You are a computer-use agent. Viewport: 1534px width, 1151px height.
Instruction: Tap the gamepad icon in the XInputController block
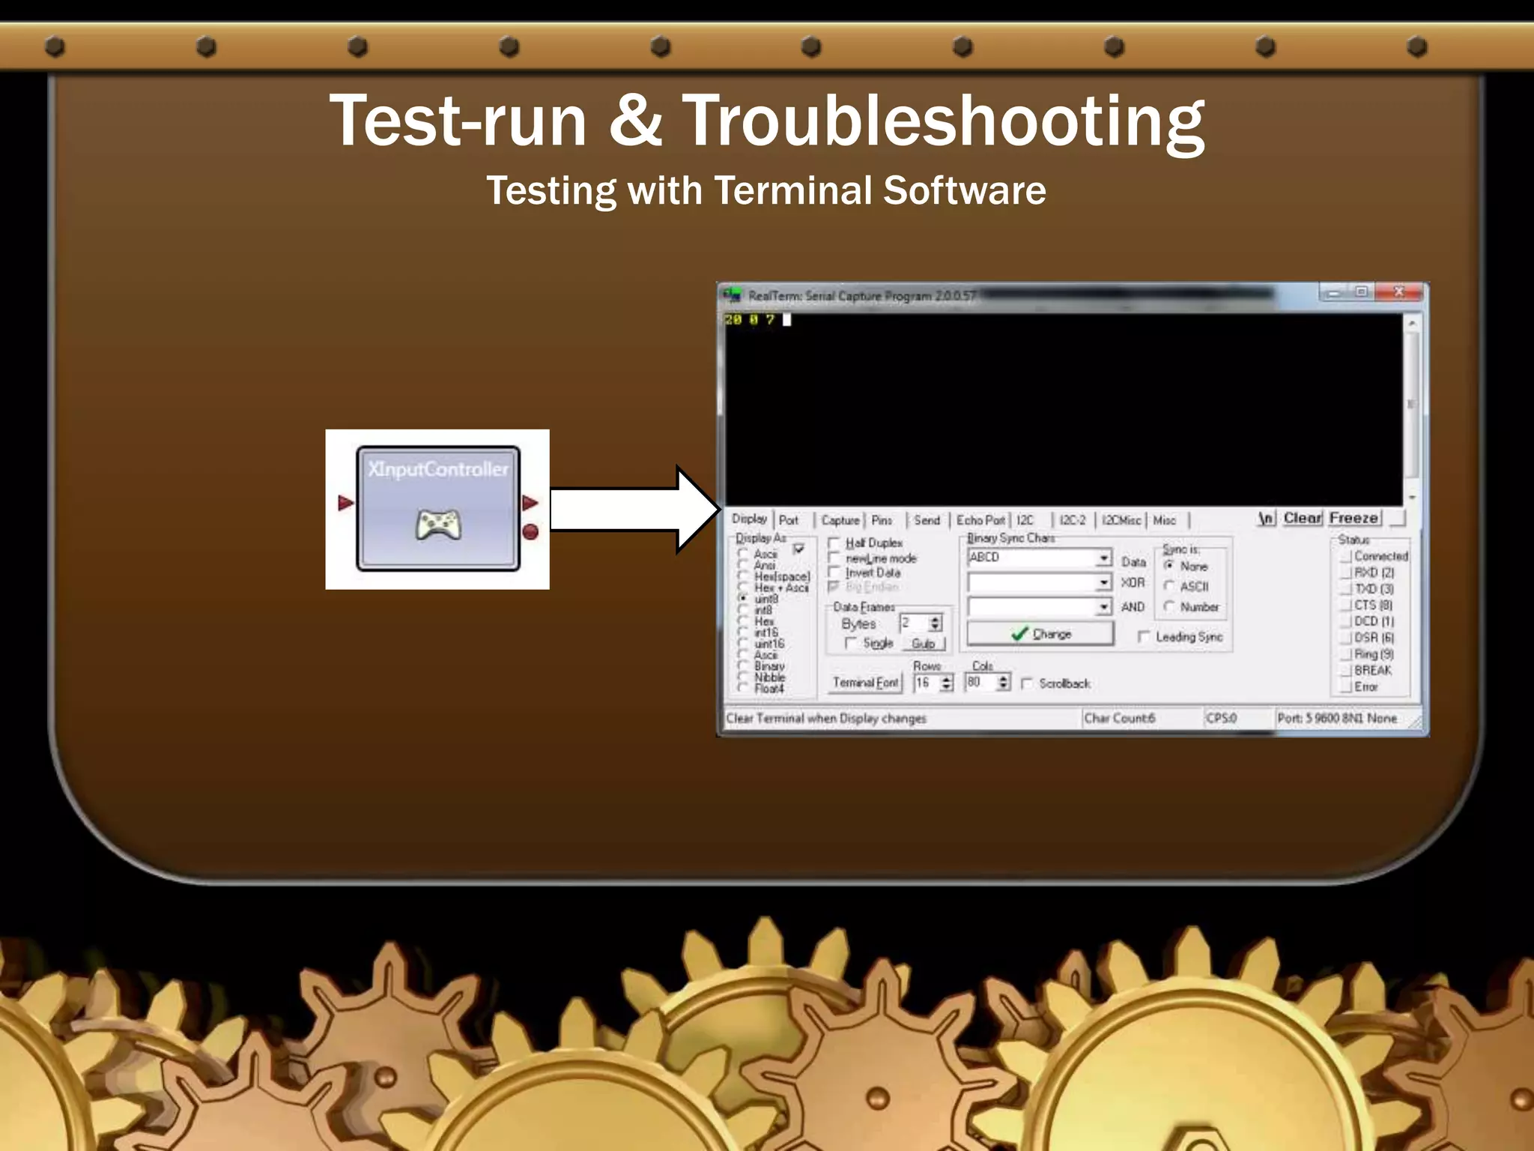pyautogui.click(x=438, y=525)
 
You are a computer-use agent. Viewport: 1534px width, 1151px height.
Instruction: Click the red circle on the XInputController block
pyautogui.click(x=530, y=532)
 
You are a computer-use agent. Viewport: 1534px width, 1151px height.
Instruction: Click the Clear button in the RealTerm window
pyautogui.click(x=1303, y=519)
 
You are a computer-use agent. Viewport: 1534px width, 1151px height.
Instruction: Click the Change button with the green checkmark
pyautogui.click(x=1040, y=634)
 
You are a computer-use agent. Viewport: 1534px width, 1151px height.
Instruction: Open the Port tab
pyautogui.click(x=788, y=520)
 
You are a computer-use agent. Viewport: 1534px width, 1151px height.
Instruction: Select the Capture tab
pyautogui.click(x=840, y=520)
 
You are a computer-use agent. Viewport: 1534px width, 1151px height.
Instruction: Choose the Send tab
pyautogui.click(x=927, y=520)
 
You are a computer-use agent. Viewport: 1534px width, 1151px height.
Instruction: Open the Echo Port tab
pyautogui.click(x=980, y=520)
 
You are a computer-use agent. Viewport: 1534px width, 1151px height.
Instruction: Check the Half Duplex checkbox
pyautogui.click(x=834, y=543)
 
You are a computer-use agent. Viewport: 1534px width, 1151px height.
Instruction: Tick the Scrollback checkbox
pyautogui.click(x=1028, y=683)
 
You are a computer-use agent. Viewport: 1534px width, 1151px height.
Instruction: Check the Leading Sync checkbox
pyautogui.click(x=1144, y=637)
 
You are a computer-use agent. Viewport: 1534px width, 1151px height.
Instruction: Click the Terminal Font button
pyautogui.click(x=866, y=683)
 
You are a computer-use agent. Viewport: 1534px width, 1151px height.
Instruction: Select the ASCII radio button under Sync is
pyautogui.click(x=1169, y=586)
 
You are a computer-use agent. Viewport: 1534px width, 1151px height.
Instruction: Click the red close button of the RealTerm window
pyautogui.click(x=1398, y=292)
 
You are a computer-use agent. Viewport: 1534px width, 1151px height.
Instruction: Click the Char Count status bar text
pyautogui.click(x=1120, y=718)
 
